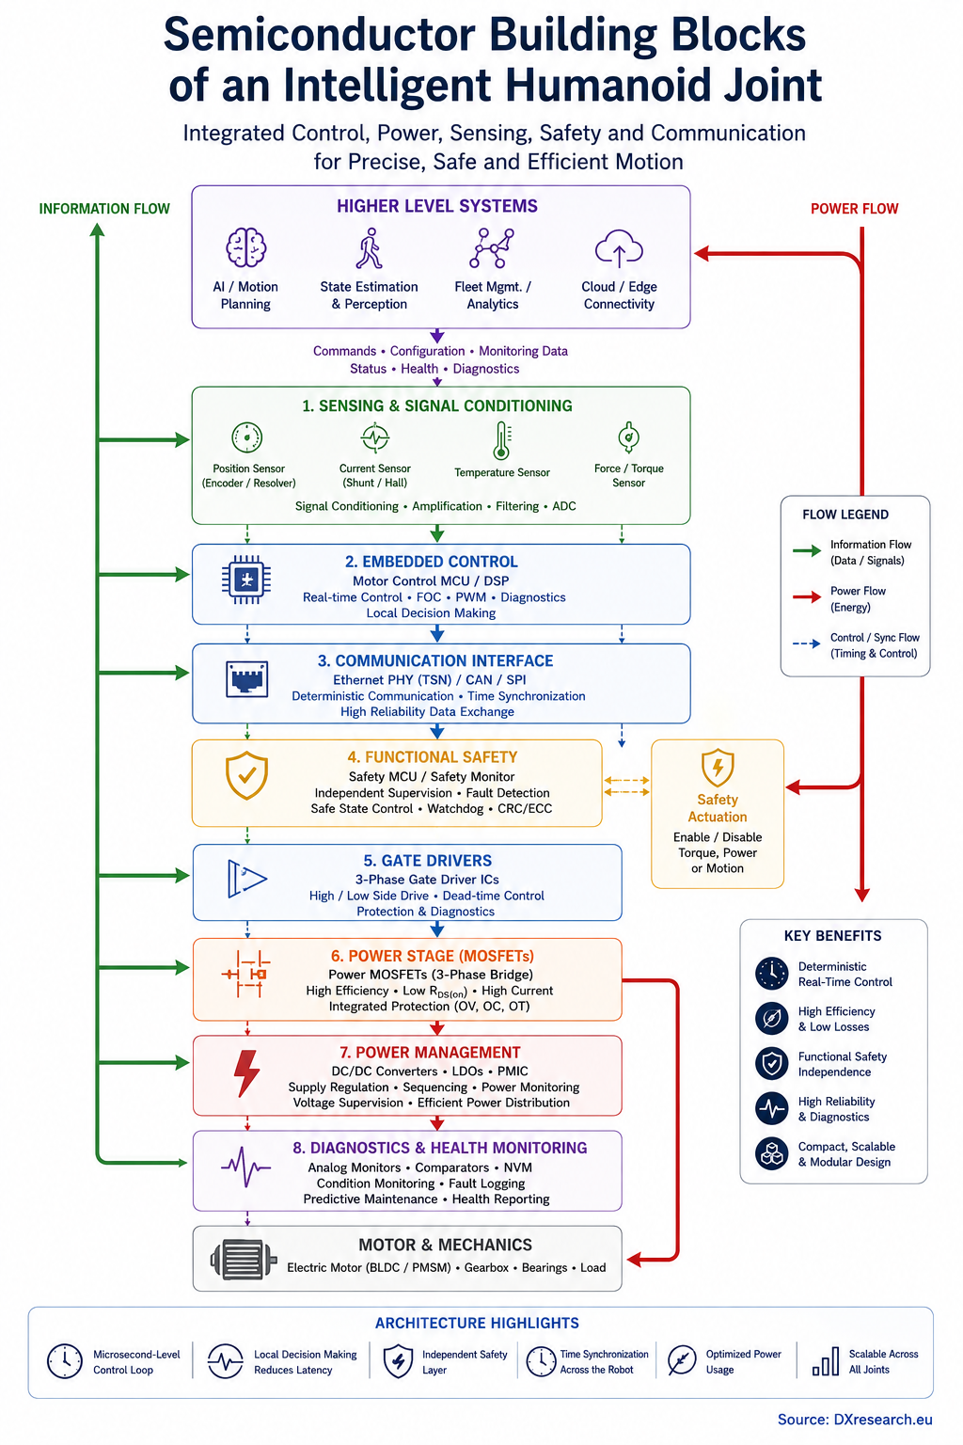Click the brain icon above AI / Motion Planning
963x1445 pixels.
point(245,247)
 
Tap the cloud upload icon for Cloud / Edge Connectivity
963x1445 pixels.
point(619,248)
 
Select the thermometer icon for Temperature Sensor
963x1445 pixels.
point(501,440)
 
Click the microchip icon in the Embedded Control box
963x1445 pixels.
point(245,580)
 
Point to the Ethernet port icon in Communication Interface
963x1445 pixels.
point(246,679)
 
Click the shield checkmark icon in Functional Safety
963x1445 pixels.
point(246,775)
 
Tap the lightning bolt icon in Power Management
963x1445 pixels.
point(246,1073)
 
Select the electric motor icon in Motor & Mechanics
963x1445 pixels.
point(244,1259)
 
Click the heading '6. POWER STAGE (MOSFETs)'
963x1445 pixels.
point(433,956)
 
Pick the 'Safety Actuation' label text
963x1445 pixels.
point(718,808)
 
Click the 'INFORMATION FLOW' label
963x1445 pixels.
point(104,208)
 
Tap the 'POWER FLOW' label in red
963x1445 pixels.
point(854,208)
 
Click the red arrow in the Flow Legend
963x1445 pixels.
point(806,597)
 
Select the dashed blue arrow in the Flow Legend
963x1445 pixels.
point(806,643)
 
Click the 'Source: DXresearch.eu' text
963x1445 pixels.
point(855,1420)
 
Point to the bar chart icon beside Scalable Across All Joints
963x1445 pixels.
point(825,1361)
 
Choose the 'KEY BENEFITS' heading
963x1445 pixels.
point(832,935)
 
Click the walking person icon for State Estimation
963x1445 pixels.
point(369,247)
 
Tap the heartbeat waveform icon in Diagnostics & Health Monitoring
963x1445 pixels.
point(245,1167)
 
